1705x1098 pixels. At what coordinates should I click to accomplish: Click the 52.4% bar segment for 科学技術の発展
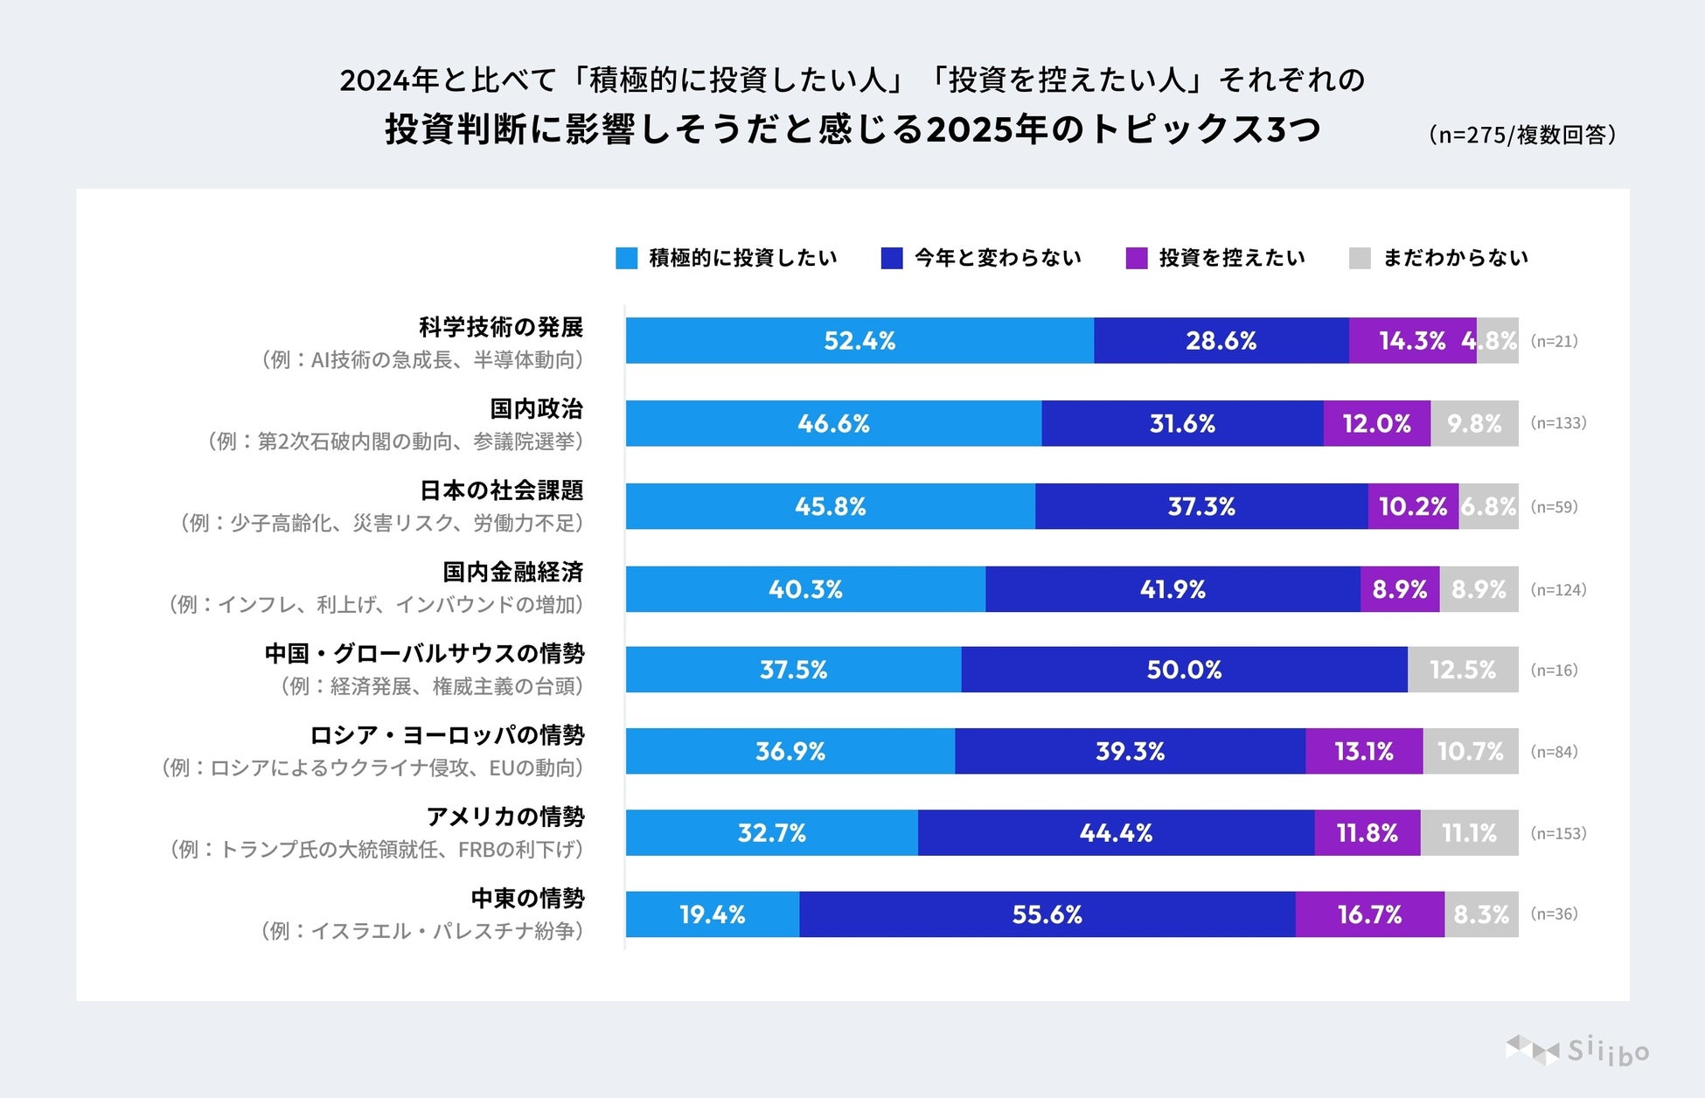click(x=859, y=341)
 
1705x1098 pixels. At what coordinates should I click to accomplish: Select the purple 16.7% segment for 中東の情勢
click(x=1369, y=914)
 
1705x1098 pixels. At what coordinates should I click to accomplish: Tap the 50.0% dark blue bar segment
click(x=1184, y=670)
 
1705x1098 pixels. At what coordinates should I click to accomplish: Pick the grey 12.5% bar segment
click(x=1463, y=670)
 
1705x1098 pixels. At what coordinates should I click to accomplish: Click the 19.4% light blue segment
click(x=712, y=914)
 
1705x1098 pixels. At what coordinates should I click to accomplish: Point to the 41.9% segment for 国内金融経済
click(x=1173, y=589)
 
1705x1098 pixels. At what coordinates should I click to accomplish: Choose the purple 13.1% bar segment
click(x=1364, y=751)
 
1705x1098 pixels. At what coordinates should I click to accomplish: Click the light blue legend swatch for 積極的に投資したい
click(x=626, y=258)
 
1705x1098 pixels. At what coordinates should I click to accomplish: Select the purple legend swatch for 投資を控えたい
click(x=1136, y=258)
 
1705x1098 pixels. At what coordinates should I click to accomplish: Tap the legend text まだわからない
click(x=1455, y=258)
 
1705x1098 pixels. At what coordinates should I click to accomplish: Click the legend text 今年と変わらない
click(x=998, y=258)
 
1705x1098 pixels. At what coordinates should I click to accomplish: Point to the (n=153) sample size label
click(x=1558, y=833)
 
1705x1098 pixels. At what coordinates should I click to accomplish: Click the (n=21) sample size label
click(x=1554, y=341)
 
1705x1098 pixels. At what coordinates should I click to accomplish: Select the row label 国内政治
click(x=536, y=408)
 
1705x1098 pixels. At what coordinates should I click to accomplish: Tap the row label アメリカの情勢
click(x=505, y=817)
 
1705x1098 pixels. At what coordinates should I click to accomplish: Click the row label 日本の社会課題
click(x=501, y=490)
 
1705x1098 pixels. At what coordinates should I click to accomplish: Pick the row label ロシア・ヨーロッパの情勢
click(x=447, y=735)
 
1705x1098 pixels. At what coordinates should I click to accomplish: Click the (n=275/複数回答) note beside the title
click(x=1521, y=135)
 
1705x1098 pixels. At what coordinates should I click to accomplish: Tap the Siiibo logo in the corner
click(x=1577, y=1050)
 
